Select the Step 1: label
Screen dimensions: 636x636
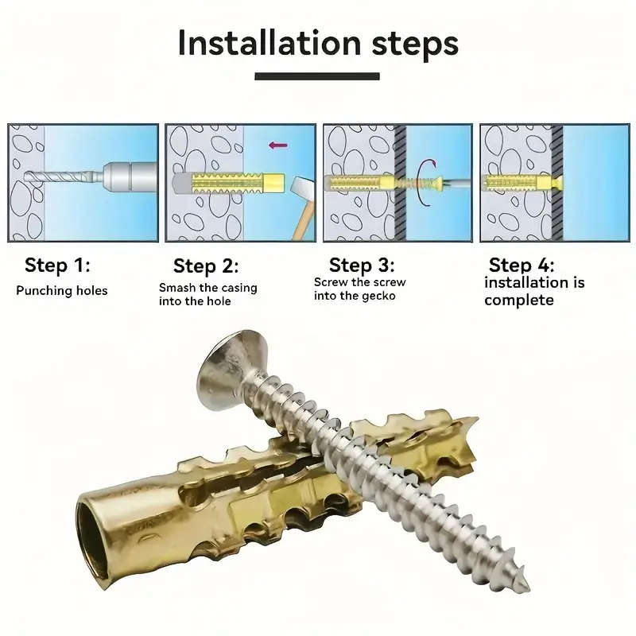(56, 266)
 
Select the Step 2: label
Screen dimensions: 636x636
(206, 266)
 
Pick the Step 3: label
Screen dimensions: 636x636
(362, 266)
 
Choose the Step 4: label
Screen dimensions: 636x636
(522, 266)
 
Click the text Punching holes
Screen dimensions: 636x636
(62, 291)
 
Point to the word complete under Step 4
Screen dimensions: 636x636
(518, 301)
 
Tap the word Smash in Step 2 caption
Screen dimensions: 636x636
(176, 288)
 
